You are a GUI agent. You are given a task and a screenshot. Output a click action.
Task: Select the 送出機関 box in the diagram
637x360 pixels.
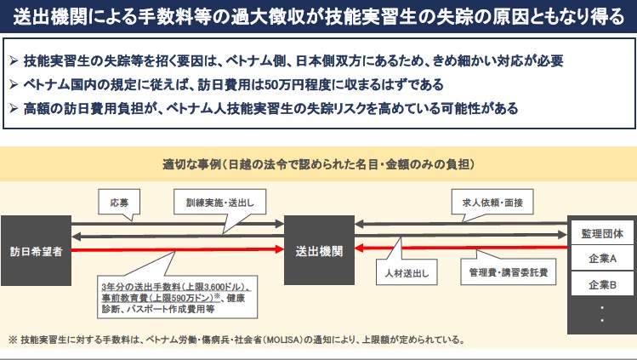[x=319, y=251]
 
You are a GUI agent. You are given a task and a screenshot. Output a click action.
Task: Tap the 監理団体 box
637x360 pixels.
[x=602, y=233]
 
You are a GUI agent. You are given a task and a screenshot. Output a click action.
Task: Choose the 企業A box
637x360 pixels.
[x=602, y=258]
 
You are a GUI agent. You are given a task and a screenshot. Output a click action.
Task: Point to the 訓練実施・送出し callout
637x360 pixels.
[x=220, y=204]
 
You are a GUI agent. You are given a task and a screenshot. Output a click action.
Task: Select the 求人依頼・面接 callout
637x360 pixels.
[x=487, y=204]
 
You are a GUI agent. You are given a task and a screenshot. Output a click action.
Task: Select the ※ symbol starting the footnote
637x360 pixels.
[x=13, y=340]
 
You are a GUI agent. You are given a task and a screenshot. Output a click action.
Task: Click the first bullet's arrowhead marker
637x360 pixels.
[x=14, y=62]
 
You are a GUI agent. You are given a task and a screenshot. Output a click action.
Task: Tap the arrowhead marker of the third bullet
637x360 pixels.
[x=14, y=109]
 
